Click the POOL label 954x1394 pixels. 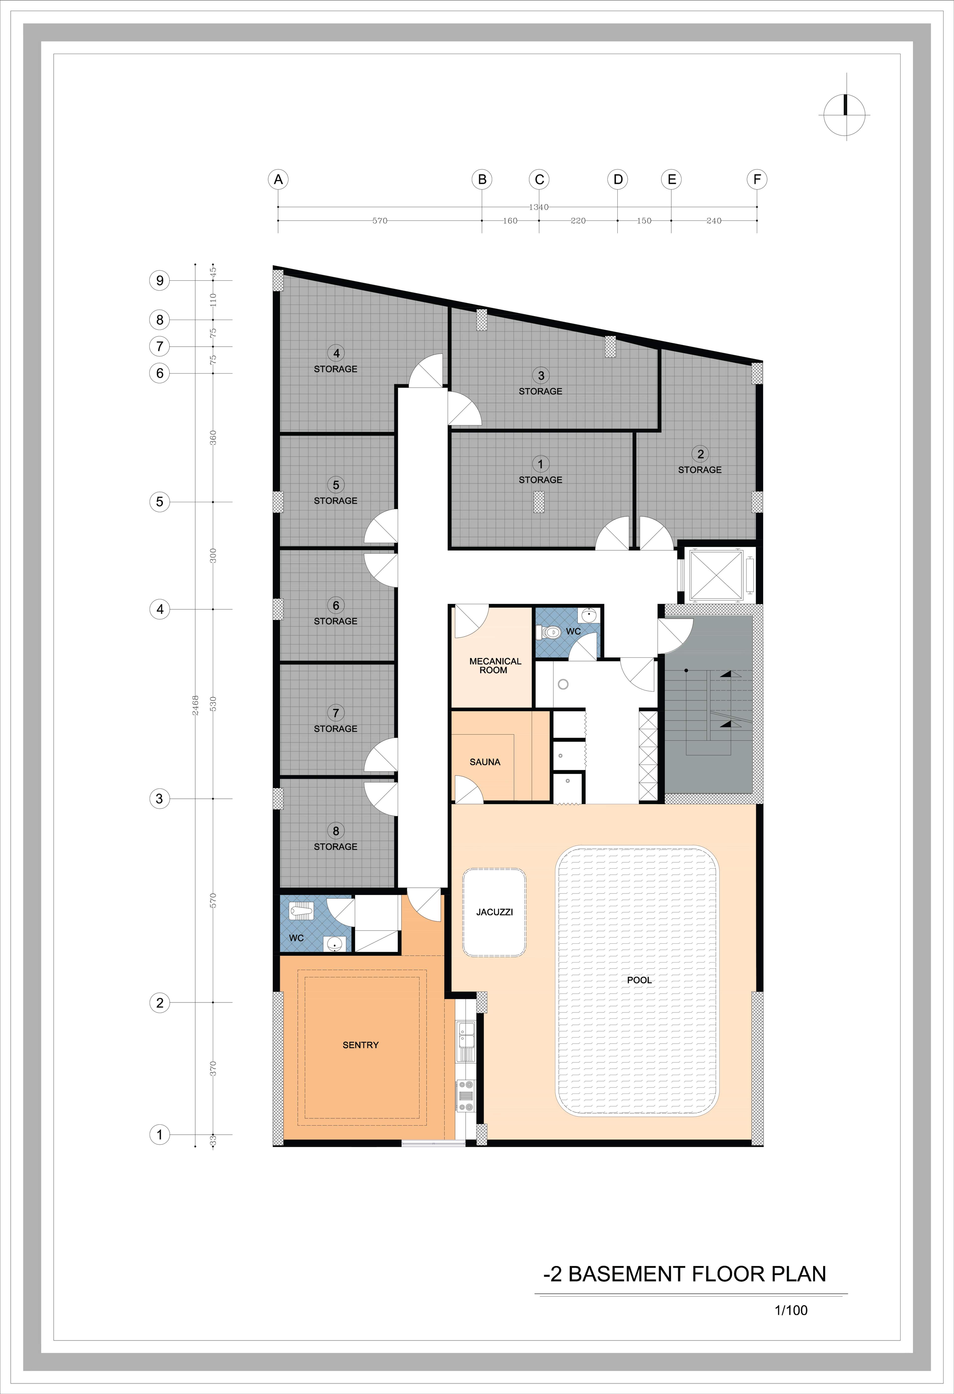point(639,980)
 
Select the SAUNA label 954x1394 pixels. point(484,762)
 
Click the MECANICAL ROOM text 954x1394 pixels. point(495,665)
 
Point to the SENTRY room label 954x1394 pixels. point(360,1045)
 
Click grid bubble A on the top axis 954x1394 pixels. point(278,179)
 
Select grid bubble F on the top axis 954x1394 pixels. point(757,179)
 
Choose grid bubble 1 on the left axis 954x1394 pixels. point(159,1134)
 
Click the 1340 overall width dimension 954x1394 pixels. point(538,207)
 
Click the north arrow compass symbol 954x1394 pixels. point(845,114)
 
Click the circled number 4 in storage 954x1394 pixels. point(336,353)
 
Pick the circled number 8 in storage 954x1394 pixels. point(336,831)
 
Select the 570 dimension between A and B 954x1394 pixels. point(380,221)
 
